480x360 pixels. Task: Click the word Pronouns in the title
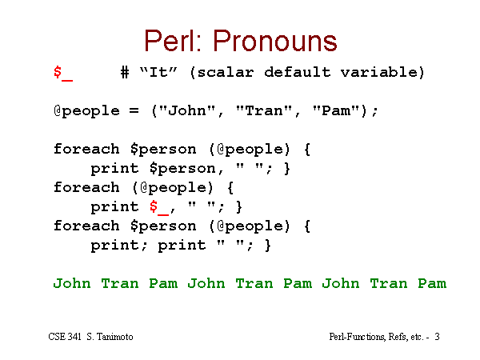coord(275,41)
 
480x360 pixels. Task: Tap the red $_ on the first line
coord(63,73)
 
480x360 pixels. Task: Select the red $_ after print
coord(159,207)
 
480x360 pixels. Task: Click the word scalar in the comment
coord(226,73)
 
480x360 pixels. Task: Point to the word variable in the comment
coord(378,72)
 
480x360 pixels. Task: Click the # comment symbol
coord(125,73)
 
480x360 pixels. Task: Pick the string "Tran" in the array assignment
coord(263,110)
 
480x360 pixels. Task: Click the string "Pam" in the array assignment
coord(335,110)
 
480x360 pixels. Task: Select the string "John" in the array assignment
coord(187,110)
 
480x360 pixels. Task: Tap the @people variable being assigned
coord(86,111)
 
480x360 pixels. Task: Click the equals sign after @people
coord(134,110)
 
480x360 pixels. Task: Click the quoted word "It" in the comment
coord(158,72)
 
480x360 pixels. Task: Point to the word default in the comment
coord(298,72)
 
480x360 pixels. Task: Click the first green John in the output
coord(72,283)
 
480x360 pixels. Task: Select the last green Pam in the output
coord(432,283)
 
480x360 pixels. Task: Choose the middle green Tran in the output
coord(254,283)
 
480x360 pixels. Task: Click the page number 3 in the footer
coord(437,337)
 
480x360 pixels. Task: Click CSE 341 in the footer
coord(65,337)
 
